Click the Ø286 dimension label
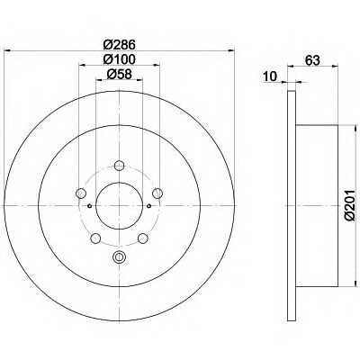click(120, 45)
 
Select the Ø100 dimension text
click(120, 59)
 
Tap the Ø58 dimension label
click(120, 74)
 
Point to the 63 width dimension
click(312, 60)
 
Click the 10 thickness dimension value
click(271, 76)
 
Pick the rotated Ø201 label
click(350, 205)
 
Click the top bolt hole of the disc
click(120, 165)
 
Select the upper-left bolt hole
click(81, 193)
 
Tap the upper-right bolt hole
click(157, 193)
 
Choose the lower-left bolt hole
click(95, 238)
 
